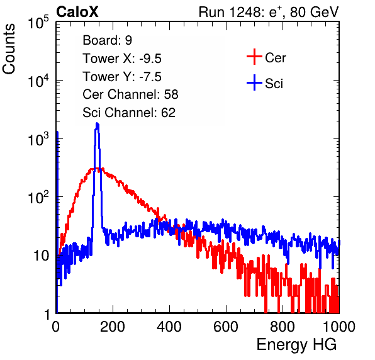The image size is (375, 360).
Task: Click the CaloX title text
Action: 77,12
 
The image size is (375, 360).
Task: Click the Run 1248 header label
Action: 269,12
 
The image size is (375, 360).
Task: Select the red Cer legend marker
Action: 254,57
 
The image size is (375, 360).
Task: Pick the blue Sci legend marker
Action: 254,82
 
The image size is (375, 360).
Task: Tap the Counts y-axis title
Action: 9,49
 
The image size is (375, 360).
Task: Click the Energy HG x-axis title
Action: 296,345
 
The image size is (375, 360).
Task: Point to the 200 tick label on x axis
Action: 113,327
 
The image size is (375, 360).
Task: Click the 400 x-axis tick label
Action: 169,327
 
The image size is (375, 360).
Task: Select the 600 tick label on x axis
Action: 226,327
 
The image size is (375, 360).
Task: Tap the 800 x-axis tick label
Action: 283,327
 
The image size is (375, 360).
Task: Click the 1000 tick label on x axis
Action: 339,327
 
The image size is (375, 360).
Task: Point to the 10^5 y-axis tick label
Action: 38,23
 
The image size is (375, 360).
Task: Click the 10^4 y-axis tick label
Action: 38,81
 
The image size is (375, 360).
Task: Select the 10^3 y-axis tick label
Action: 38,139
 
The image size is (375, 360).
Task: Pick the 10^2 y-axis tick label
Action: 38,198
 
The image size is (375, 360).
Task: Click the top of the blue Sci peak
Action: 97,123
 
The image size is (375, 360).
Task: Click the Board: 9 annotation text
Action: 107,40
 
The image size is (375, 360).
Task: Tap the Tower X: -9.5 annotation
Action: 122,59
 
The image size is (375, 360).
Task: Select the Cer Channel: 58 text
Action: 130,94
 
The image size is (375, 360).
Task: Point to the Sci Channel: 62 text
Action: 129,113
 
